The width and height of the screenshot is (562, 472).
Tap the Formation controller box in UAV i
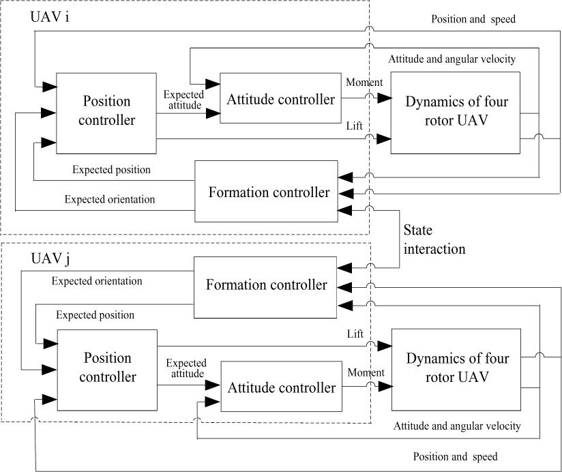pos(267,192)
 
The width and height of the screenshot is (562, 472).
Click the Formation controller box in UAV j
pos(265,284)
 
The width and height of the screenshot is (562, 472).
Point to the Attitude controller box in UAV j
pos(281,387)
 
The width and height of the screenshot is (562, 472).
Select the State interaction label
pos(434,239)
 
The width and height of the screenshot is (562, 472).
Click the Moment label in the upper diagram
pos(364,83)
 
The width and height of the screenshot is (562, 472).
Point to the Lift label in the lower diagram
pos(355,334)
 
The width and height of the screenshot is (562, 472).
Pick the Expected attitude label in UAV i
pos(183,100)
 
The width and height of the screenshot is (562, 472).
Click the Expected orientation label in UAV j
pos(97,281)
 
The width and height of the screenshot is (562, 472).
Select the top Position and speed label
pos(473,19)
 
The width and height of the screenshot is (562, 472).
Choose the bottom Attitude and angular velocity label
pos(457,426)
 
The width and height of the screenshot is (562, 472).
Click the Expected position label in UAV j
pos(95,316)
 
